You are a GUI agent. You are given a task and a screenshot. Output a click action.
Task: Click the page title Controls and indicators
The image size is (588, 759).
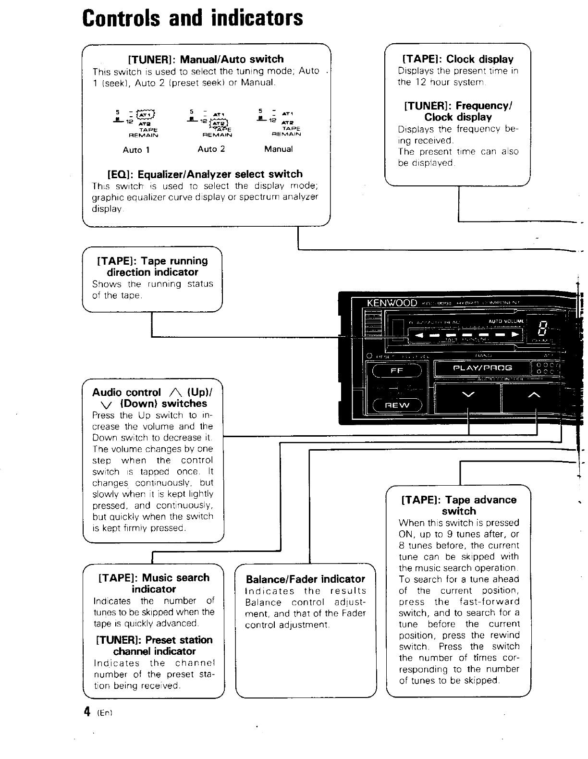tap(193, 18)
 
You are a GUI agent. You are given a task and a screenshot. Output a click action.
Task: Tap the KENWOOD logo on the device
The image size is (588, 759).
tap(392, 303)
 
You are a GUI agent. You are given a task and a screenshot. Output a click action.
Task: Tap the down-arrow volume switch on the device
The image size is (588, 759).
tap(467, 395)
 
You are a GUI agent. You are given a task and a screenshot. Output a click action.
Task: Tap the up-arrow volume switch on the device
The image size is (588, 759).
tap(534, 395)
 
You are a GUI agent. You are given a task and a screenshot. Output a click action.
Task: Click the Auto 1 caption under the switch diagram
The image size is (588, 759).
tap(136, 150)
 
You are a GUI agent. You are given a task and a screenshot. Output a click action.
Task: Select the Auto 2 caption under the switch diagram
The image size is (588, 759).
tap(211, 149)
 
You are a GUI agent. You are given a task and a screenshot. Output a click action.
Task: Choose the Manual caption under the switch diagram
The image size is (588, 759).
tap(278, 149)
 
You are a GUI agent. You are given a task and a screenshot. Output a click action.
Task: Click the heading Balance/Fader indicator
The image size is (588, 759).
tap(306, 579)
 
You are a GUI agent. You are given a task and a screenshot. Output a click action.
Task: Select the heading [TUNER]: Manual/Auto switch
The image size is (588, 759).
tap(206, 59)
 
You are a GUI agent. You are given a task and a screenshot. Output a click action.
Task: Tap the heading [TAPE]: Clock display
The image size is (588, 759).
tap(458, 59)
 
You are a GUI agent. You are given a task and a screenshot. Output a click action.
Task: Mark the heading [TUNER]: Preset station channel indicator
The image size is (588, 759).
tap(154, 645)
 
